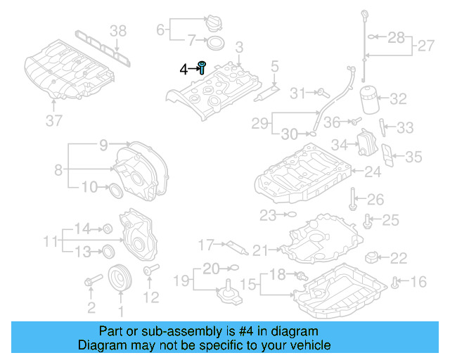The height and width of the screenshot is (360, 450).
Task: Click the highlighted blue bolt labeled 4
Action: tap(202, 67)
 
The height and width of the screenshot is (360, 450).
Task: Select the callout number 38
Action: tap(120, 30)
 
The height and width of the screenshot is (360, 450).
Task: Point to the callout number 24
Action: tap(372, 171)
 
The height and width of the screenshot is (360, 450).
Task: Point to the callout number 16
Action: tap(418, 283)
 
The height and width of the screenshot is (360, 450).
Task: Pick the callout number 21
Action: tap(261, 250)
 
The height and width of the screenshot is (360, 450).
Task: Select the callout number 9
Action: tap(103, 146)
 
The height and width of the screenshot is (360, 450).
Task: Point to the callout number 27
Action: tap(425, 46)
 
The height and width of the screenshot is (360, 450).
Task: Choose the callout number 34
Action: tap(340, 144)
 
